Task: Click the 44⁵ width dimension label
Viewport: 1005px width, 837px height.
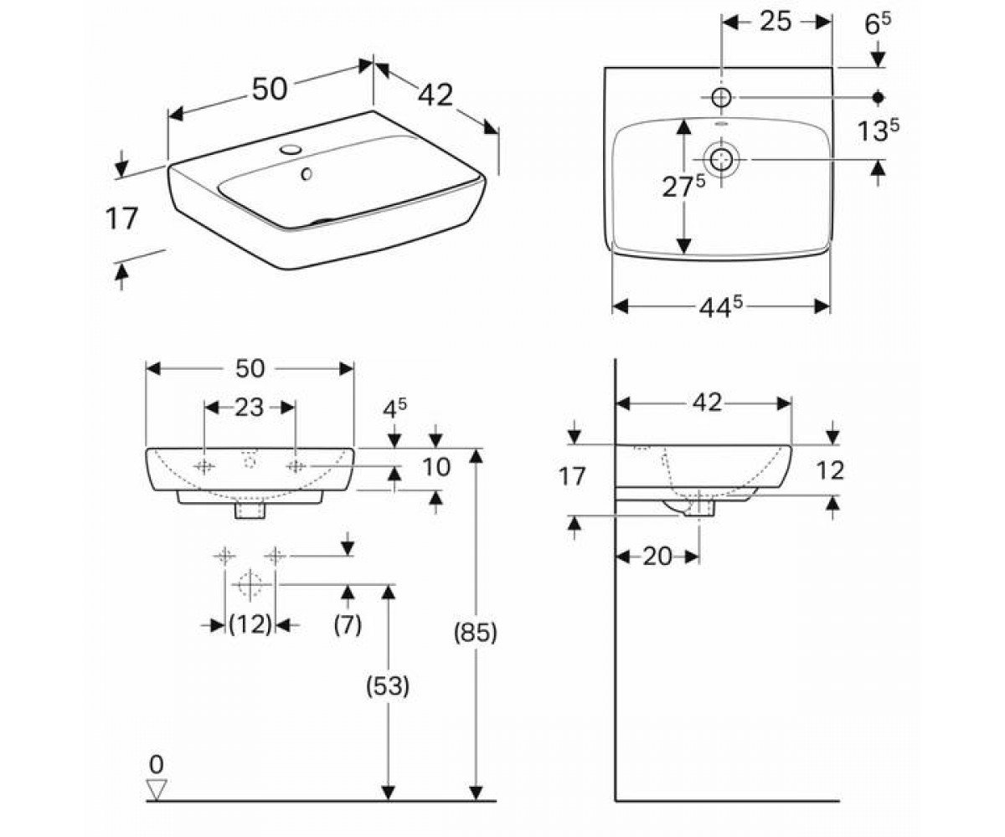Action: click(x=720, y=307)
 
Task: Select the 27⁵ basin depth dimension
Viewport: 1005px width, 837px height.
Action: click(x=683, y=187)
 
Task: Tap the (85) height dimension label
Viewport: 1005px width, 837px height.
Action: click(x=475, y=633)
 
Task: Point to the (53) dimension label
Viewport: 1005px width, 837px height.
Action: click(x=388, y=686)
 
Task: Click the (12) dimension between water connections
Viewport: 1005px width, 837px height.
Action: click(x=250, y=624)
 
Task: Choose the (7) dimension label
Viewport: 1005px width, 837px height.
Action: click(x=348, y=624)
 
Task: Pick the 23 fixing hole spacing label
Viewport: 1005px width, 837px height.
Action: click(x=250, y=408)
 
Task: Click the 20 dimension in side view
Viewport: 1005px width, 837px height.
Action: click(x=657, y=557)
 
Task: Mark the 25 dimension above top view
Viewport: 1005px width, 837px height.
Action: click(x=776, y=22)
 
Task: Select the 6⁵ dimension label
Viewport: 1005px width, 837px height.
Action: click(x=878, y=24)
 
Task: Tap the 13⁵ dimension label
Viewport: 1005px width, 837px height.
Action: click(x=879, y=130)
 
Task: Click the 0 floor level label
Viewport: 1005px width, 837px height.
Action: click(x=157, y=764)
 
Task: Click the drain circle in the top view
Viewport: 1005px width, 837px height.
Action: click(x=720, y=159)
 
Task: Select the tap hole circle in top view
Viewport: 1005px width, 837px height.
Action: click(x=721, y=98)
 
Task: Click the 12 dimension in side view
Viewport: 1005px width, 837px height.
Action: click(x=831, y=470)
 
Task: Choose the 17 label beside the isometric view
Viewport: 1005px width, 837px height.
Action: click(x=121, y=218)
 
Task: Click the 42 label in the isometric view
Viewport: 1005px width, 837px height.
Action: click(x=435, y=95)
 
